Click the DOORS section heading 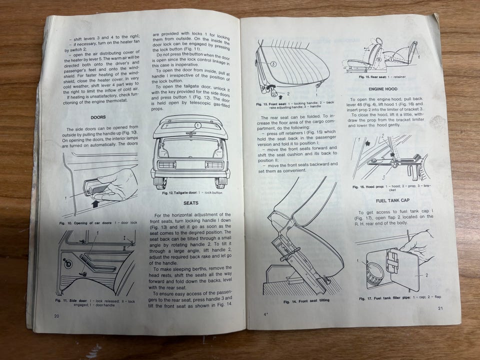pos(98,117)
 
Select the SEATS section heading pos(191,203)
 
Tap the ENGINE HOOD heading pos(383,89)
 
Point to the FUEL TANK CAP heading pos(393,200)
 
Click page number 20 pos(56,316)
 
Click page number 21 pos(440,308)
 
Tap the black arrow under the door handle pos(95,204)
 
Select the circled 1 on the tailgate pos(198,125)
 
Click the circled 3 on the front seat pos(273,64)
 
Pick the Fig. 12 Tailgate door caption pos(192,193)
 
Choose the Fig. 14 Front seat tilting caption pos(306,301)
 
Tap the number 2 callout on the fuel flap pos(427,275)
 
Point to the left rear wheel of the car pos(160,183)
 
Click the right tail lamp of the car pos(214,164)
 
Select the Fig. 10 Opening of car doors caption pos(98,223)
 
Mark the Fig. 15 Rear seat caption pos(382,77)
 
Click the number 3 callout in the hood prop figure pos(383,177)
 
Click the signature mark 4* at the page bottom pos(265,314)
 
